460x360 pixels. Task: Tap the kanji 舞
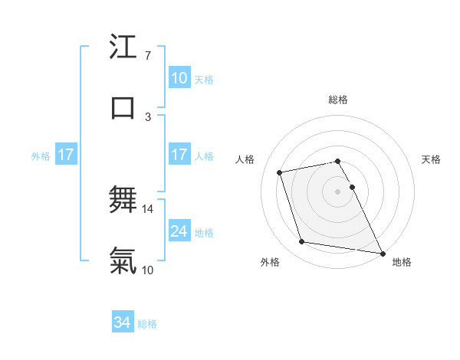coord(123,201)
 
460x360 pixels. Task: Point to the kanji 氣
coord(123,261)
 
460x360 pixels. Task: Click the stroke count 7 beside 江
coord(147,56)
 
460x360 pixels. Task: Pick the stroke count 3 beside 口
coord(147,116)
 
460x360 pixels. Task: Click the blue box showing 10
coord(179,78)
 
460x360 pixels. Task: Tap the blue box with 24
coord(179,231)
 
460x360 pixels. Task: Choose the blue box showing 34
coord(123,323)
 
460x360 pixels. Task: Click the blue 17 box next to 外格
coord(66,155)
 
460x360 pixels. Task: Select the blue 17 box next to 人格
coord(179,155)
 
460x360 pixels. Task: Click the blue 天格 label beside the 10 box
coord(204,80)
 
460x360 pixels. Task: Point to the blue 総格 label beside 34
coord(147,325)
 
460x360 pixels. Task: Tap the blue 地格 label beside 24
coord(204,233)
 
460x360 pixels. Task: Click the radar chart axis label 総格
coord(338,100)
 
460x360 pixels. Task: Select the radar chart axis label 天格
coord(431,159)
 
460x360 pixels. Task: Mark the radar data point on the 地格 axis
coord(381,253)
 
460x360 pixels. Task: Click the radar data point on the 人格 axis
coord(279,172)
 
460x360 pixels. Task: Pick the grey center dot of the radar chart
coord(338,191)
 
